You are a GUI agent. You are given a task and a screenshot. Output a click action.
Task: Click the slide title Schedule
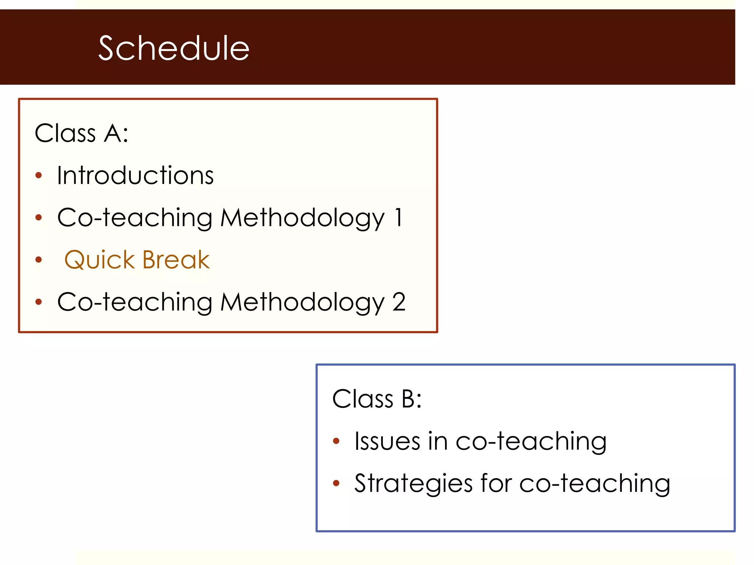point(174,48)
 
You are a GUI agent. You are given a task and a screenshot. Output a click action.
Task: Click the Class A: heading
point(81,133)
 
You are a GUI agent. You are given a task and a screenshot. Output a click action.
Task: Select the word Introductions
point(135,175)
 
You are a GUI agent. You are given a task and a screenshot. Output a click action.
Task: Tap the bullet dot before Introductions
point(39,175)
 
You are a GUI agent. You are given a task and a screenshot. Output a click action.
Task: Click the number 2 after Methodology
point(399,302)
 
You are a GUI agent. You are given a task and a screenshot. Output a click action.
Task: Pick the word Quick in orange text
point(99,260)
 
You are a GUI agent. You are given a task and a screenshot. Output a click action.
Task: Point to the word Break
point(176,260)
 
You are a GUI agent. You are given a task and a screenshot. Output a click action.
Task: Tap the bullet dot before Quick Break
point(39,260)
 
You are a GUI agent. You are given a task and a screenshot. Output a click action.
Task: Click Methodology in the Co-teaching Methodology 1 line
point(302,218)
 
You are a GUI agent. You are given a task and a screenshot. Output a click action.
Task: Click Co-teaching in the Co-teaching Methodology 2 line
point(135,302)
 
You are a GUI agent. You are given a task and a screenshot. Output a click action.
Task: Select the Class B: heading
point(377,399)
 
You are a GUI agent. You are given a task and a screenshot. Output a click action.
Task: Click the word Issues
point(387,441)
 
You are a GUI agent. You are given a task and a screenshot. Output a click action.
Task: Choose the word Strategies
point(413,483)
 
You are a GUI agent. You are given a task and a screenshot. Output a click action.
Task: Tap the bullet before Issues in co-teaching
point(336,441)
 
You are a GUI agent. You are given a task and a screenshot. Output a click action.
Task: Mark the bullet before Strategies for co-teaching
point(336,483)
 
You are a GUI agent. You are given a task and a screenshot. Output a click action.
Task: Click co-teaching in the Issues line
point(531,441)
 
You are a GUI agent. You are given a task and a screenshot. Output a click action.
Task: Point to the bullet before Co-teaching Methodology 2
point(39,302)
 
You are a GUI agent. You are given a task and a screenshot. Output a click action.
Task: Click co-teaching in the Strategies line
point(595,483)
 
